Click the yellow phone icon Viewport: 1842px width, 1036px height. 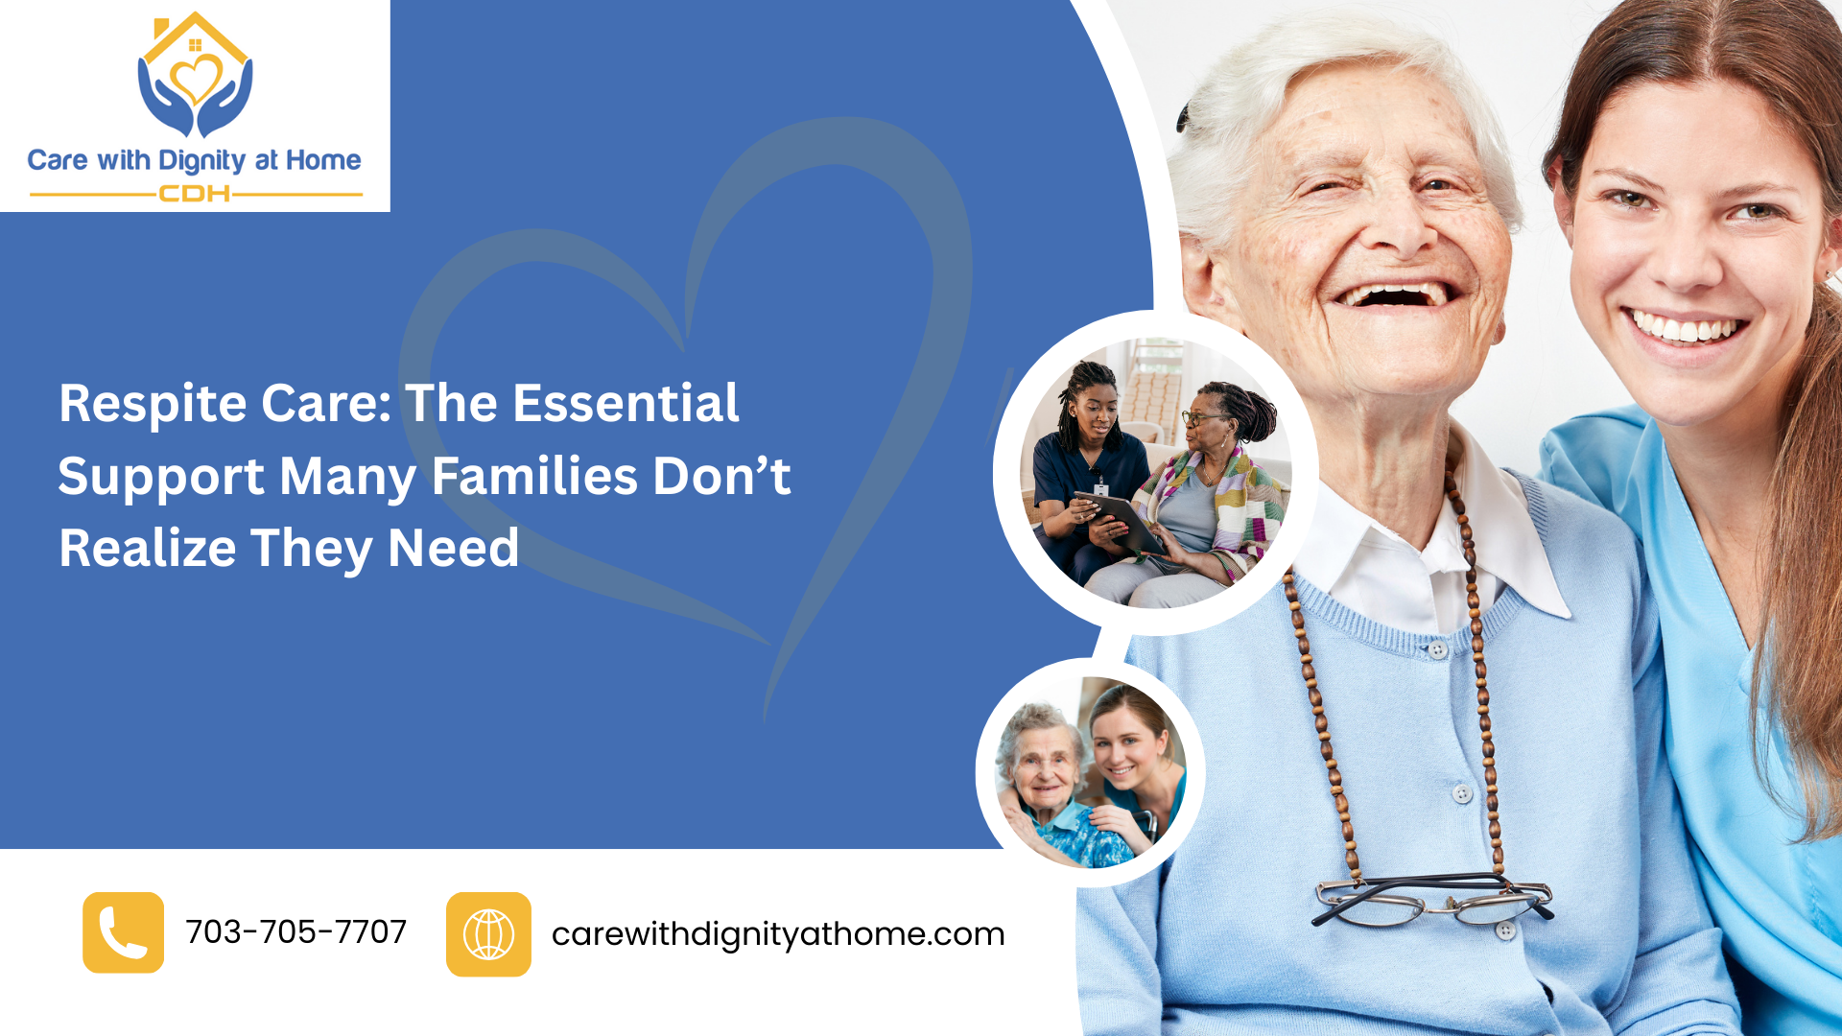coord(123,932)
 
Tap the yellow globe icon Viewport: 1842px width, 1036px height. coord(488,934)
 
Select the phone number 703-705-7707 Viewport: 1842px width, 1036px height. coord(296,931)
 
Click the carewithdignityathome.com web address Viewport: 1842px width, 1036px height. coord(778,934)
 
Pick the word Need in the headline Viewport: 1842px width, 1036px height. coord(453,548)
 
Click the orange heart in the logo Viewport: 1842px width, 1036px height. coord(196,79)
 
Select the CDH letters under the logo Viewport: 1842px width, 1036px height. coord(195,194)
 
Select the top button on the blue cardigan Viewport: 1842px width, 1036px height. coord(1437,649)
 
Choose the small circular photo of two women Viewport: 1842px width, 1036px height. coord(1090,772)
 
